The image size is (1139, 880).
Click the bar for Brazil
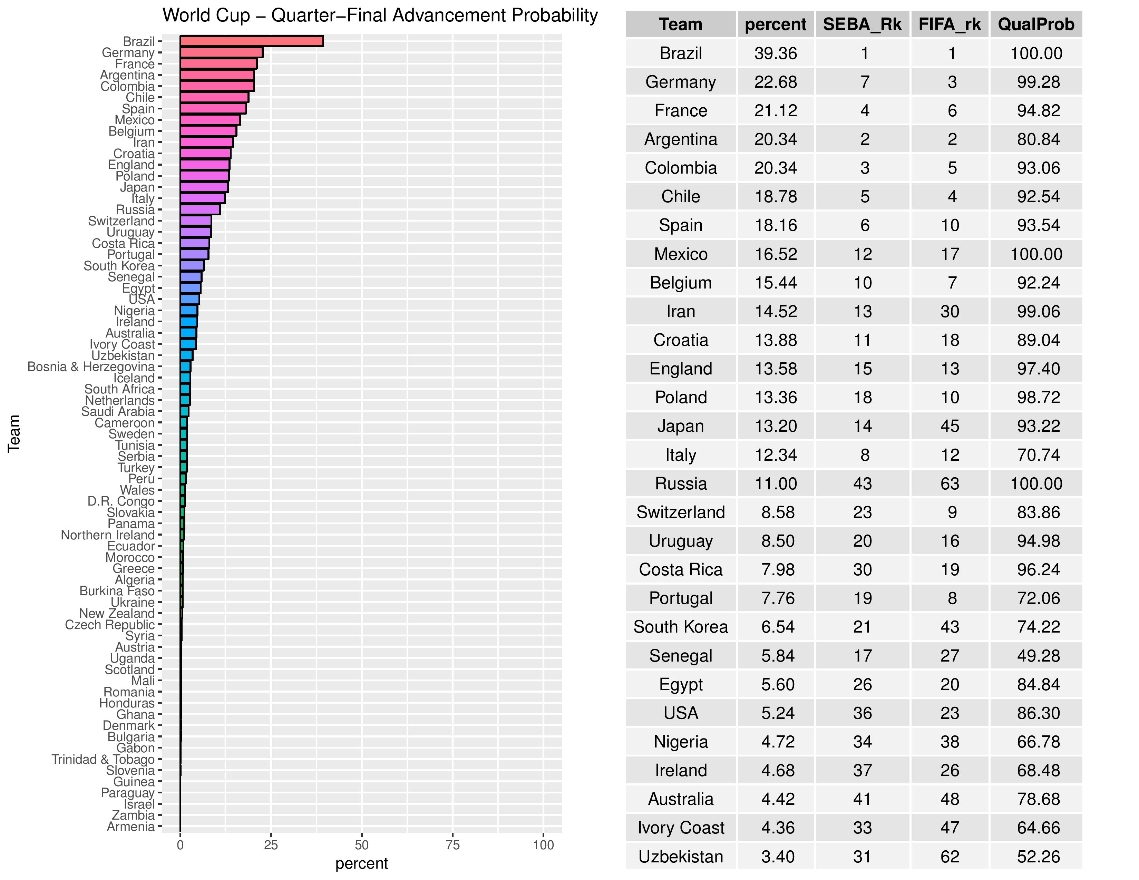(x=251, y=41)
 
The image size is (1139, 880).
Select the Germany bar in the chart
(x=221, y=53)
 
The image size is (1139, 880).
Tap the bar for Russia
(x=200, y=209)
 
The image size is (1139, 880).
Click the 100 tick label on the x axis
(x=543, y=845)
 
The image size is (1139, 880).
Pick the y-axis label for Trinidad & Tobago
(x=103, y=759)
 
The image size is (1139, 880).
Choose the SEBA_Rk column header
(x=862, y=25)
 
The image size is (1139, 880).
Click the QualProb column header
(x=1036, y=25)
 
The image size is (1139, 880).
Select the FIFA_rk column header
(x=950, y=25)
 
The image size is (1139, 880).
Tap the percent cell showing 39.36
(x=776, y=53)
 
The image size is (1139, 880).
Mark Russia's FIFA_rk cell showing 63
(x=950, y=483)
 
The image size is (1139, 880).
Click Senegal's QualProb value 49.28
(x=1038, y=655)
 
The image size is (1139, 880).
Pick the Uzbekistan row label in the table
(x=681, y=857)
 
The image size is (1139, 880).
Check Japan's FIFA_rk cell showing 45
(x=950, y=426)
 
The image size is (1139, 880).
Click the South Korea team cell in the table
(x=681, y=627)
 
